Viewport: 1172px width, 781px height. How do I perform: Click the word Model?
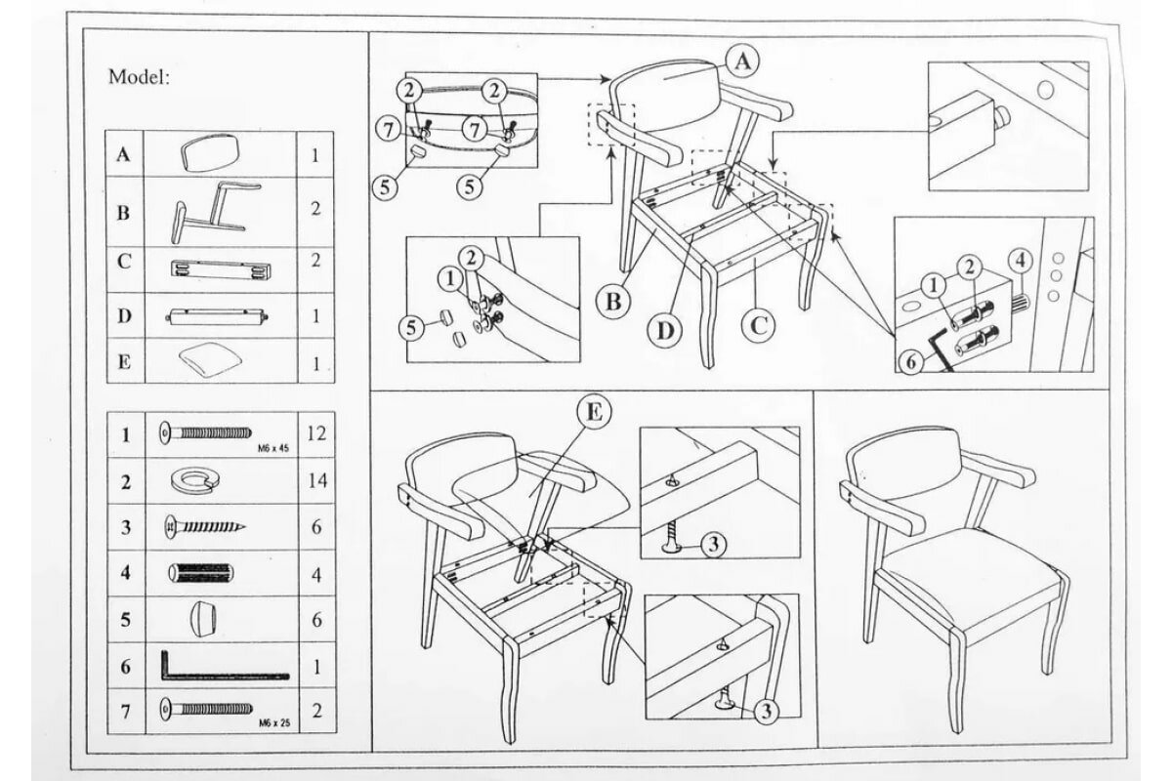pos(139,77)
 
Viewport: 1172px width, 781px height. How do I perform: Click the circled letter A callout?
pos(742,62)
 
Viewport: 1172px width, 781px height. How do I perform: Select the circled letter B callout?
pos(613,302)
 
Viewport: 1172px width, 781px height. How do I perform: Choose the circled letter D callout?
pos(665,330)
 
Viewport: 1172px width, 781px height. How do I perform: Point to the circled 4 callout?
pos(1019,262)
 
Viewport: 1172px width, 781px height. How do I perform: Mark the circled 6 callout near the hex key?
pos(910,362)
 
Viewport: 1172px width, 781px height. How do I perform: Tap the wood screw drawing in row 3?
pos(202,527)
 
